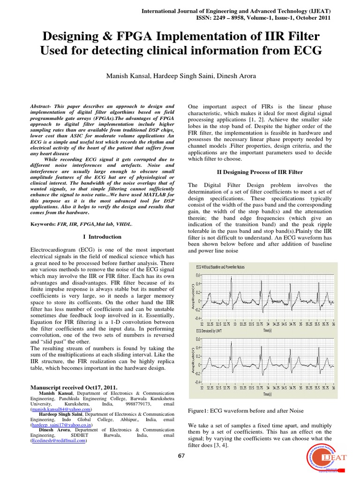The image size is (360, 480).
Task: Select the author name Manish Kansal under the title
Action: click(x=133, y=76)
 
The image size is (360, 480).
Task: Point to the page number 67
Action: click(x=181, y=456)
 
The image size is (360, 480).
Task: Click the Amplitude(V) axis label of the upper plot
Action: click(x=192, y=296)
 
